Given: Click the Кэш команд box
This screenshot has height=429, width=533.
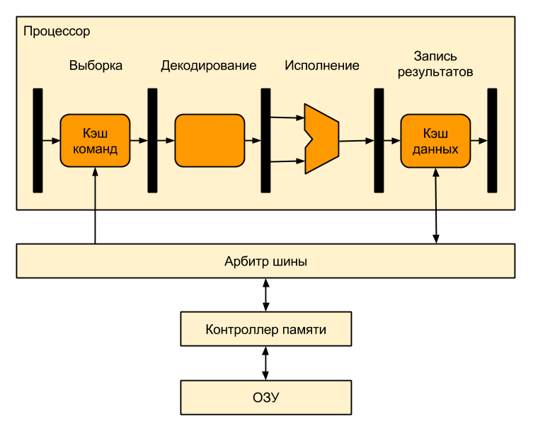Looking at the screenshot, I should [x=95, y=140].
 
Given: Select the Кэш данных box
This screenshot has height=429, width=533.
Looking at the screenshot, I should [x=435, y=140].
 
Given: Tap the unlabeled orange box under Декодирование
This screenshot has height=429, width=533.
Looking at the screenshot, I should [x=209, y=140].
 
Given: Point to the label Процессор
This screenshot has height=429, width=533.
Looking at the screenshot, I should [x=57, y=32].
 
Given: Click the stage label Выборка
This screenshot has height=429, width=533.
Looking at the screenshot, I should [x=96, y=66].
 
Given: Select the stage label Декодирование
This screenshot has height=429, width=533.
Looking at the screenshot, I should [x=208, y=66].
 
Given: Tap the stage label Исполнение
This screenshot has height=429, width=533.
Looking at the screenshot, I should [x=322, y=66].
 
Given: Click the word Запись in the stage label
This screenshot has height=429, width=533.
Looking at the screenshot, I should [x=435, y=56].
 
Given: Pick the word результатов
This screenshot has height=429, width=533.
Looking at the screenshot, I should [x=435, y=71].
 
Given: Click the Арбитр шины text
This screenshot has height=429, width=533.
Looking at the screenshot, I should [x=265, y=261].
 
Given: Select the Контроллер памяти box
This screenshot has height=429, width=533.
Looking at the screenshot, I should [x=265, y=329].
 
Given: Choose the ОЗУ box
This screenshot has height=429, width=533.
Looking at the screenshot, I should [x=265, y=397].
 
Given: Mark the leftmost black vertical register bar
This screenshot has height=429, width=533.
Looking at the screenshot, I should [x=38, y=140].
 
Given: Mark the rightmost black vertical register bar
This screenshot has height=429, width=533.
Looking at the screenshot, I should [x=492, y=140].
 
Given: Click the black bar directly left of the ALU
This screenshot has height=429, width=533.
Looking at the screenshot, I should [x=265, y=140].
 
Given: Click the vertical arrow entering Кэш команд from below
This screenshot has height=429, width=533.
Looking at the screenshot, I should [x=95, y=188].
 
